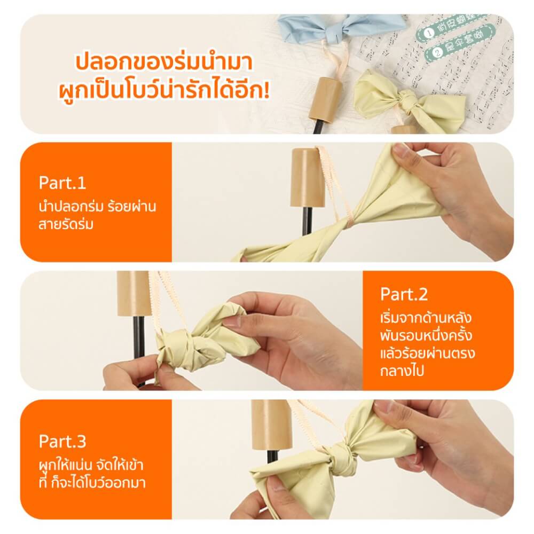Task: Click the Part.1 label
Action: click(62, 183)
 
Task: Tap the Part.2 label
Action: click(404, 294)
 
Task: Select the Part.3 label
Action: click(62, 442)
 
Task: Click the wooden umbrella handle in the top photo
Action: click(326, 99)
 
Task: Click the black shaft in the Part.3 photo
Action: click(273, 457)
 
